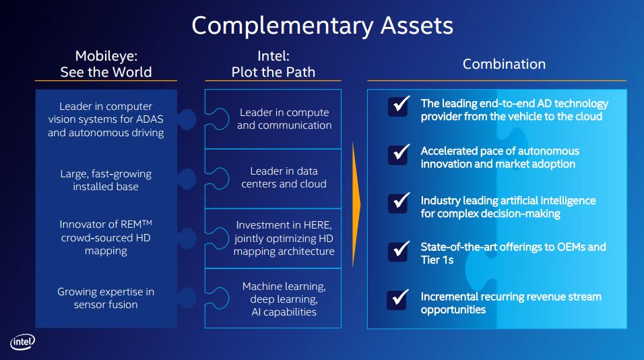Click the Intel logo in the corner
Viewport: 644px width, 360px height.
pos(23,342)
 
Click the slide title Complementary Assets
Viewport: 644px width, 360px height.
pos(323,26)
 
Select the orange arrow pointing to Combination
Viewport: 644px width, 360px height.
pos(356,205)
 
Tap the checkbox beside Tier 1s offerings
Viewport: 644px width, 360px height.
pos(398,251)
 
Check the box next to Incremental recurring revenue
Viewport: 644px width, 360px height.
pos(398,299)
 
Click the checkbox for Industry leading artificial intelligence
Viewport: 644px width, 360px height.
pos(398,203)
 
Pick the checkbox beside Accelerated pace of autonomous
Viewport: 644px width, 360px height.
pos(398,154)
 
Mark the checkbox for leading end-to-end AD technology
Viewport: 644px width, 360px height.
pos(398,106)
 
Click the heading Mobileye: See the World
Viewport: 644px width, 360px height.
pos(106,63)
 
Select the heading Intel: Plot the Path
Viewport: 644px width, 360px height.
pos(273,63)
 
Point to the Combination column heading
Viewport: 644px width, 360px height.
pos(504,64)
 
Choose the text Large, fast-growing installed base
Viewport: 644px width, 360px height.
pos(106,180)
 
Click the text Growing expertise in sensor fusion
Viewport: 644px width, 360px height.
pos(106,298)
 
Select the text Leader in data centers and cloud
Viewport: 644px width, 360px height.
pos(284,177)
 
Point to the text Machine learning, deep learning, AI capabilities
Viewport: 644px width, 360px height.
pos(284,299)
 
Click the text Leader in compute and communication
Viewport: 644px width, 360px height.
pos(284,119)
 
